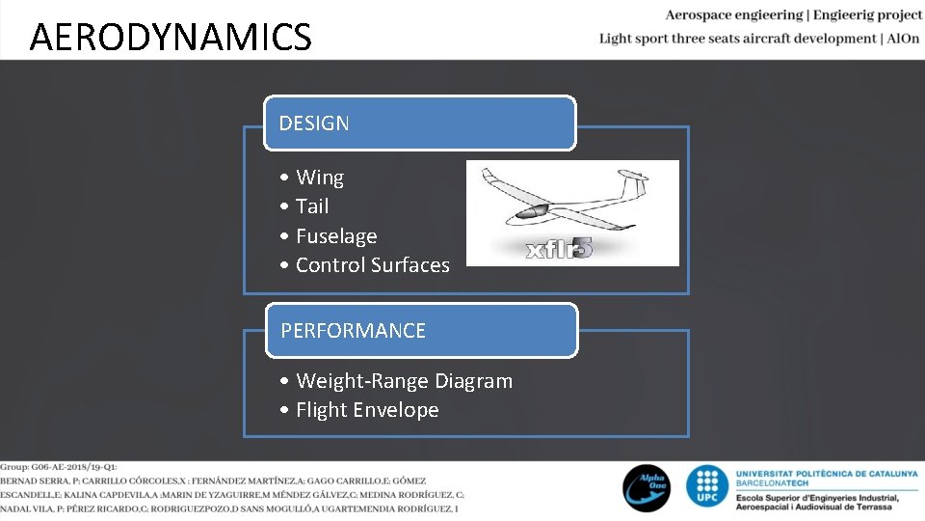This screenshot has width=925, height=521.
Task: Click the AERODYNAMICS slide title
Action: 171,38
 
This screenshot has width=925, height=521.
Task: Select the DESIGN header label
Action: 314,123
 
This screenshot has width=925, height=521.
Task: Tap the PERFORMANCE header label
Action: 353,331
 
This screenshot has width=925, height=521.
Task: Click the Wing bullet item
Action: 319,178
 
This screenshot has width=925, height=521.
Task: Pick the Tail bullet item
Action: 312,206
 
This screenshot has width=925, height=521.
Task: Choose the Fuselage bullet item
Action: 335,236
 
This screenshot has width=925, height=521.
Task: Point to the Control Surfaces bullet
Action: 372,265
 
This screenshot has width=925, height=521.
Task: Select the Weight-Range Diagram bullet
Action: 404,381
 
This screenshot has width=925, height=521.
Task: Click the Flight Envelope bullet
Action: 367,410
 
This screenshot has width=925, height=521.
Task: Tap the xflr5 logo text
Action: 559,248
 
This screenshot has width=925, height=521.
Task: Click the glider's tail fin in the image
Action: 632,182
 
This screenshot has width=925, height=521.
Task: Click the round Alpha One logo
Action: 646,487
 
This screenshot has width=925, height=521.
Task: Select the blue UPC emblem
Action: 708,487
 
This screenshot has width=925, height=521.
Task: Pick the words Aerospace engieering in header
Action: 733,15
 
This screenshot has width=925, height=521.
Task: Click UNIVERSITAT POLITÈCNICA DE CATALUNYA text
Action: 826,473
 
